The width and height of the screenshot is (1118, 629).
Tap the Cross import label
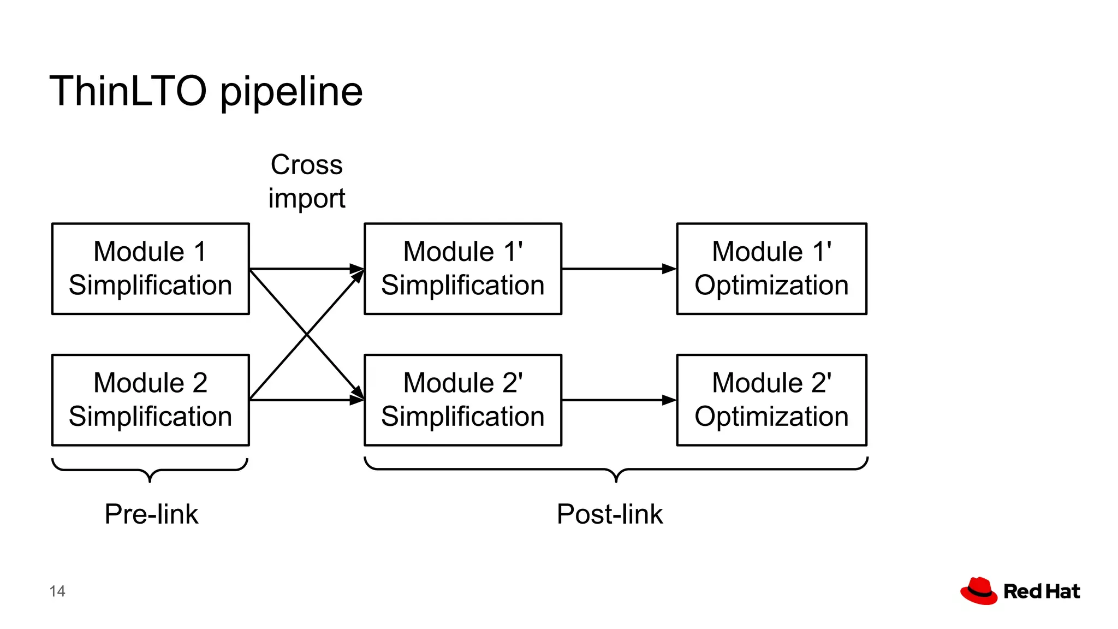[306, 181]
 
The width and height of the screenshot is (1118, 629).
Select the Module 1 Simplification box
[151, 269]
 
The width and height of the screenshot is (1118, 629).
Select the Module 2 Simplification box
[151, 400]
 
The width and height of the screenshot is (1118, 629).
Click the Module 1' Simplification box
[463, 269]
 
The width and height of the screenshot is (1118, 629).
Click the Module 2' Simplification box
[463, 400]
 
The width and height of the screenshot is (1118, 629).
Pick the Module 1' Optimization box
[771, 269]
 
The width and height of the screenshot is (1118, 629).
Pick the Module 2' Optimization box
[771, 400]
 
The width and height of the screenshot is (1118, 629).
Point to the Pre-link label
[151, 514]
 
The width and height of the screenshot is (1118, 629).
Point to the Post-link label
[609, 514]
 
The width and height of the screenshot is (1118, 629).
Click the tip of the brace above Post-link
[616, 479]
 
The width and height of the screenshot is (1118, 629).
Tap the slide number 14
[57, 591]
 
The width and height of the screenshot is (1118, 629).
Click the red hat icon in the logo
[979, 591]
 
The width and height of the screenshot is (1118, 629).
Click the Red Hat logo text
[1042, 591]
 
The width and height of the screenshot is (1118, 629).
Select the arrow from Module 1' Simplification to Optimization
[619, 269]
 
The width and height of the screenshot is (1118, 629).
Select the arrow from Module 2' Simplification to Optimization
[619, 400]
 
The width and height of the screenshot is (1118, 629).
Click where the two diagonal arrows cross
[307, 335]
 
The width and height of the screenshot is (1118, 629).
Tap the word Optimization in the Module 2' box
[771, 417]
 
